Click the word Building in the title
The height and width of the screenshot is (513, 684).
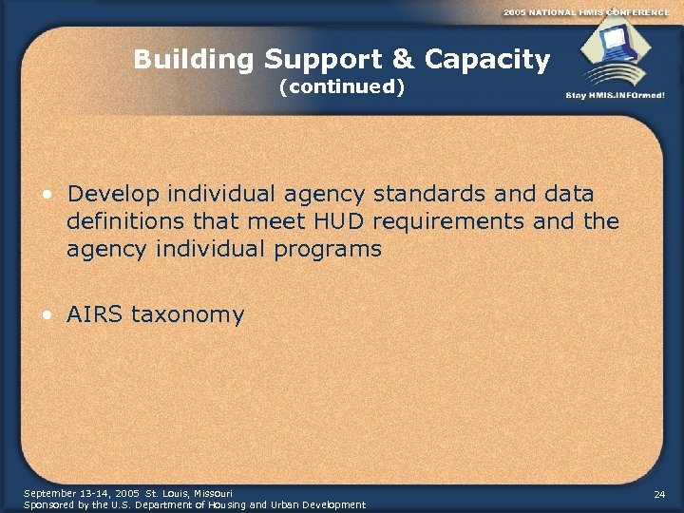[195, 61]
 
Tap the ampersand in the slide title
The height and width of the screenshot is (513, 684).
[403, 61]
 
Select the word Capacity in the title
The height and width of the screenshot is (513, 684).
[487, 61]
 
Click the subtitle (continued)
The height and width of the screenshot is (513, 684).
[342, 88]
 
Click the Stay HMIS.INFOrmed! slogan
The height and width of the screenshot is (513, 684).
[615, 95]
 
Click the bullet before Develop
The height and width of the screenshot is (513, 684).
[46, 195]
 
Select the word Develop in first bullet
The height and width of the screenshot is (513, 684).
[113, 195]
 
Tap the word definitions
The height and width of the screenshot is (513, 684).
[122, 222]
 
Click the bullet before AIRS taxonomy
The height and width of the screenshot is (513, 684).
[46, 314]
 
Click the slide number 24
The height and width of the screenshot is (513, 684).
[660, 495]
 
